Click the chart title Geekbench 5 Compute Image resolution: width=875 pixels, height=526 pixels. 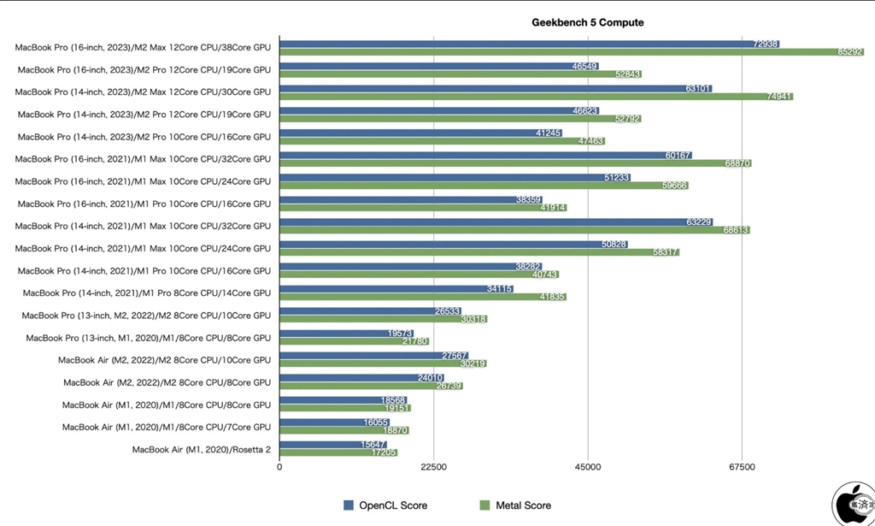(x=587, y=23)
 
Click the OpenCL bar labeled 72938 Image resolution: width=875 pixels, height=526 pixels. (x=530, y=43)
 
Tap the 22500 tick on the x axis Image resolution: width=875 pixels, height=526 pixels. (x=434, y=467)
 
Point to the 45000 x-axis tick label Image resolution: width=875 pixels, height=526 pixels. (x=588, y=467)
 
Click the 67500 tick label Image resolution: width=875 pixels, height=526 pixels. (x=742, y=467)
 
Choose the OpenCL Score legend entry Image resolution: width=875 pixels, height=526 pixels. (x=385, y=505)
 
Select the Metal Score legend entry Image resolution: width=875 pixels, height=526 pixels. (x=515, y=505)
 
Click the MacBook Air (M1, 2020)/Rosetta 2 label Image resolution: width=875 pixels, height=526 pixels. (x=201, y=449)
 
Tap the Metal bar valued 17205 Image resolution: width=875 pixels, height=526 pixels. (x=338, y=453)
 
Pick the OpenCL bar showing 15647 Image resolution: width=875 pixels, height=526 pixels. (x=333, y=444)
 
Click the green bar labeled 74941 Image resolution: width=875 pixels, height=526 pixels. (x=536, y=97)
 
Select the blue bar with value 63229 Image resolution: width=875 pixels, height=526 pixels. (x=496, y=221)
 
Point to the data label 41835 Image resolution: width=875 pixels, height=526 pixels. (x=549, y=298)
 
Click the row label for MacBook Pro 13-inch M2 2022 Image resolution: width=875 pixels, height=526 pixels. (x=146, y=316)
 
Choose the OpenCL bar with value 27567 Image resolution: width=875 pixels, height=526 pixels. (x=373, y=355)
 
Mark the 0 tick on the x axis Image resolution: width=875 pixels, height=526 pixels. (x=280, y=467)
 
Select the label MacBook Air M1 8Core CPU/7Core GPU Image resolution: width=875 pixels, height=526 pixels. (x=167, y=427)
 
